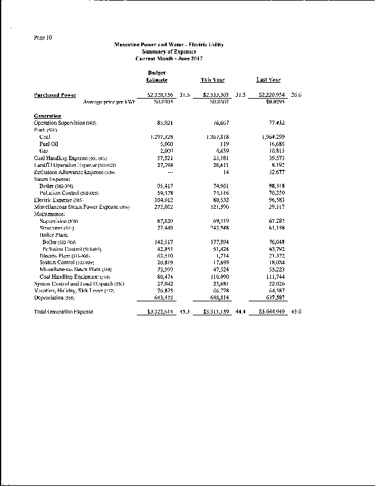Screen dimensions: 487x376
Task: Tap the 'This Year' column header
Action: coord(213,80)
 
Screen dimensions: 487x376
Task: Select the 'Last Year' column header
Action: coord(268,80)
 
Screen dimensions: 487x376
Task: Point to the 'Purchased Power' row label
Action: coord(55,95)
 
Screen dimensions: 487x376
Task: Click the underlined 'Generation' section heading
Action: coord(47,116)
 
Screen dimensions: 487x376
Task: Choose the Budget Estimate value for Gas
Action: coord(160,150)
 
